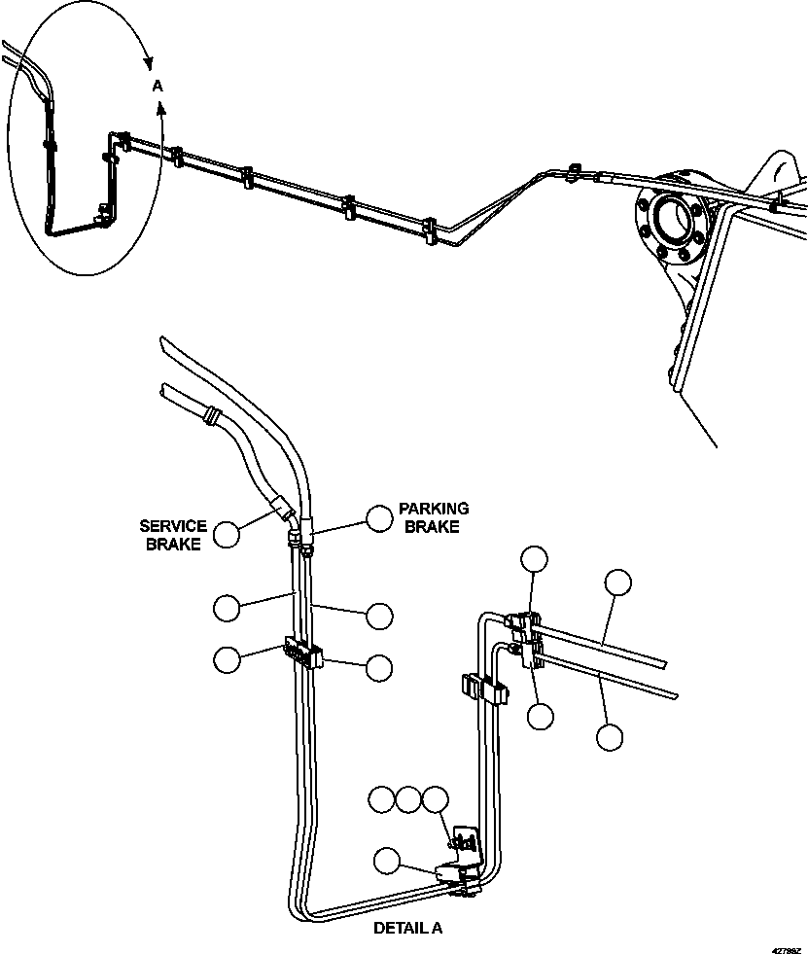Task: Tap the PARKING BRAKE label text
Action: [x=433, y=516]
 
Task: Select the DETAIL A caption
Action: [x=407, y=928]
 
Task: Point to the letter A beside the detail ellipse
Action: [x=158, y=87]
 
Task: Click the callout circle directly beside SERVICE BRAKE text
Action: [x=227, y=534]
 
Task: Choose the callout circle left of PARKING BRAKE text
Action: [x=379, y=518]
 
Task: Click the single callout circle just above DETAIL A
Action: [x=387, y=860]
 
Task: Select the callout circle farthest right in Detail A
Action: [x=617, y=583]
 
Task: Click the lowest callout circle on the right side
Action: [x=610, y=736]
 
